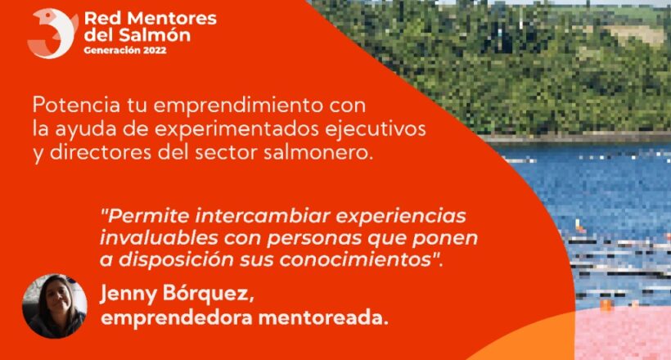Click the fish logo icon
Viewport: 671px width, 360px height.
point(52,34)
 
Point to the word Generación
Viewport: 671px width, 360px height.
point(112,50)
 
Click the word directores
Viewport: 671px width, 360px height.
point(101,153)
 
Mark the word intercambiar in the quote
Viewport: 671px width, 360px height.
point(263,216)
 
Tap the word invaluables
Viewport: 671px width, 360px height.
point(159,238)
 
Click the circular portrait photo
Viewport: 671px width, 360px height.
point(54,306)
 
